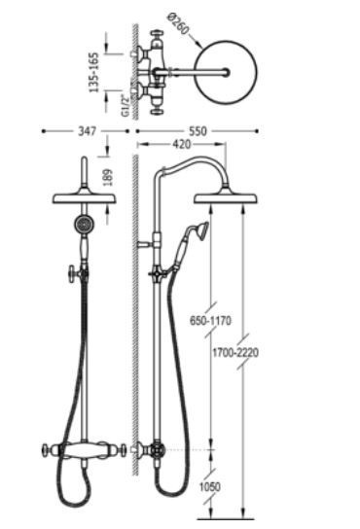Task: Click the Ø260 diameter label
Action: click(178, 24)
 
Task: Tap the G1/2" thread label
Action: click(125, 106)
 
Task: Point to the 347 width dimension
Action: click(88, 131)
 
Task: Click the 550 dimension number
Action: click(198, 131)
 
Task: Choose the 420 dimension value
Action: click(182, 144)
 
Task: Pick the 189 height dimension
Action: click(108, 177)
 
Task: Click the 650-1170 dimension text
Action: click(210, 320)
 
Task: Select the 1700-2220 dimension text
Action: click(235, 353)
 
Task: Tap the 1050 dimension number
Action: click(209, 487)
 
